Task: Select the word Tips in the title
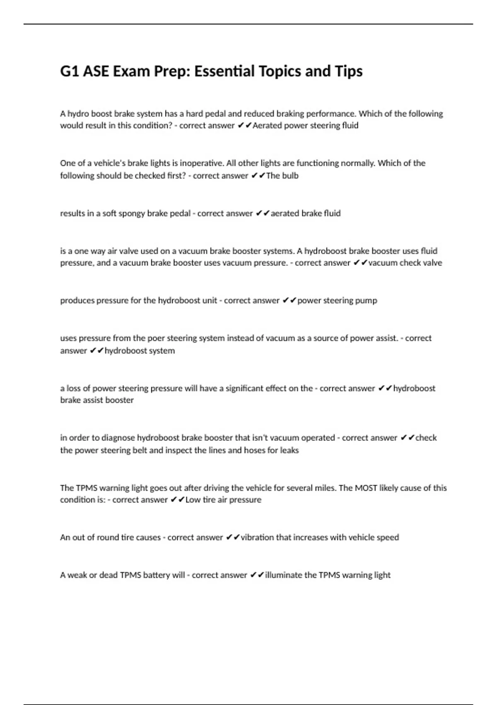point(351,71)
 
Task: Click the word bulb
point(290,176)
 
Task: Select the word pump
point(366,301)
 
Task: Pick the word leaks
point(289,450)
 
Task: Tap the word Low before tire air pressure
point(193,500)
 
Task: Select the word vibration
point(257,537)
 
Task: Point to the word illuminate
point(284,575)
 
